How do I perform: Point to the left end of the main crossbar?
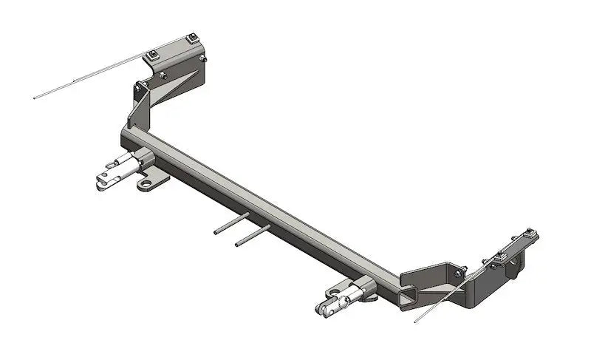tap(126, 137)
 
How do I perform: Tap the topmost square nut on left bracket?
tap(193, 38)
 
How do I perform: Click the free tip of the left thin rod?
tap(35, 98)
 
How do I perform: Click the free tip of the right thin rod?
tap(415, 321)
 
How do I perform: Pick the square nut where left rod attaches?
tap(152, 55)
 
